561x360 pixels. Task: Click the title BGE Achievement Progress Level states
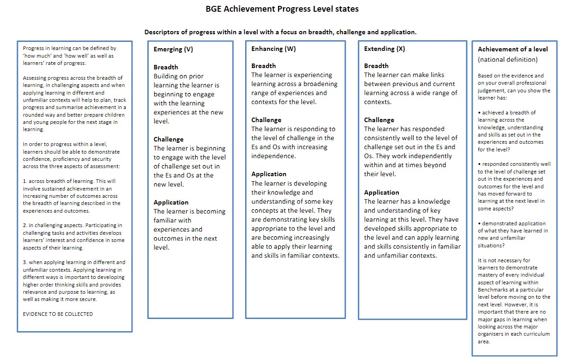tap(282, 9)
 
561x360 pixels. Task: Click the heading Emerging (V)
tap(173, 50)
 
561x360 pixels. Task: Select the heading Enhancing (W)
tap(274, 49)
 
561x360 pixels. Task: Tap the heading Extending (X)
tap(384, 49)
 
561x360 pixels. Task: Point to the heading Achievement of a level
tap(513, 49)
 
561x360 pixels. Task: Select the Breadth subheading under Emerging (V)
tap(166, 67)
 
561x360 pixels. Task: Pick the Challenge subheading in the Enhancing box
tap(266, 120)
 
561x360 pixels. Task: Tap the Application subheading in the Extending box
tap(382, 192)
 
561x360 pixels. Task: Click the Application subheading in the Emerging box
tap(171, 202)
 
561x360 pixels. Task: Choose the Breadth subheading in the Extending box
tap(376, 66)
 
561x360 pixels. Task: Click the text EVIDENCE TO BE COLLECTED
tap(58, 314)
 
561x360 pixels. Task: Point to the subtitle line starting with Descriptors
tap(280, 32)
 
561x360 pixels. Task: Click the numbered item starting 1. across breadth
tap(72, 196)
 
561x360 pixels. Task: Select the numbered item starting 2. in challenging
tap(72, 237)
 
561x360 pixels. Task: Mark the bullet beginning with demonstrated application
tap(513, 234)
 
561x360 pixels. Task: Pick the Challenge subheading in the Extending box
tap(379, 120)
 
